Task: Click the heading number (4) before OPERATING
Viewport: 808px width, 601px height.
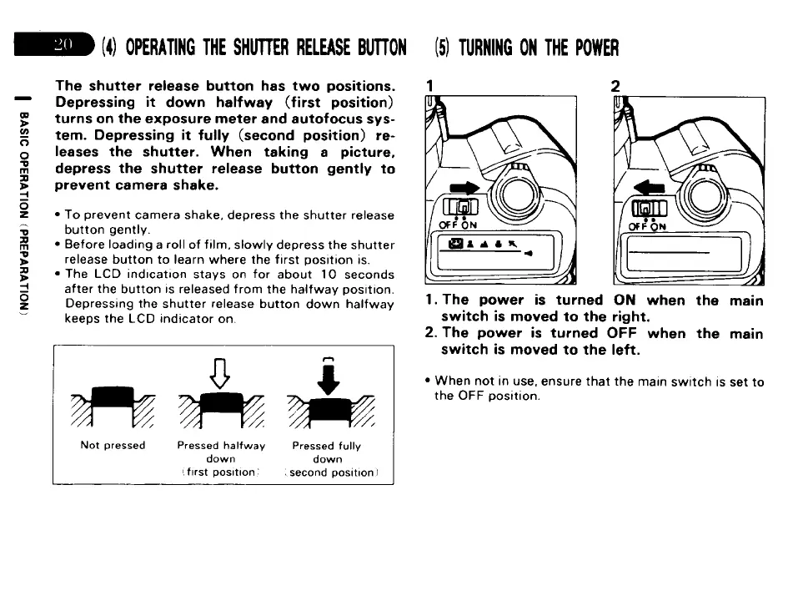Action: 109,47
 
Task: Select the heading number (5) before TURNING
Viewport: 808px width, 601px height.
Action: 444,47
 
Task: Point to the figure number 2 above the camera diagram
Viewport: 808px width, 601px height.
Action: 615,85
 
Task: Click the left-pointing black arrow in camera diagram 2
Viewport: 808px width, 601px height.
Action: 649,189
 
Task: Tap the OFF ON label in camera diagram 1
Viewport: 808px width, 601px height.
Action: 459,224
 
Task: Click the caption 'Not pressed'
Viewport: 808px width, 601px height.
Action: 113,445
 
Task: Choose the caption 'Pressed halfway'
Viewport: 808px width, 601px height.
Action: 221,446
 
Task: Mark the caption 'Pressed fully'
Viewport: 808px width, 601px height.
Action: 327,446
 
